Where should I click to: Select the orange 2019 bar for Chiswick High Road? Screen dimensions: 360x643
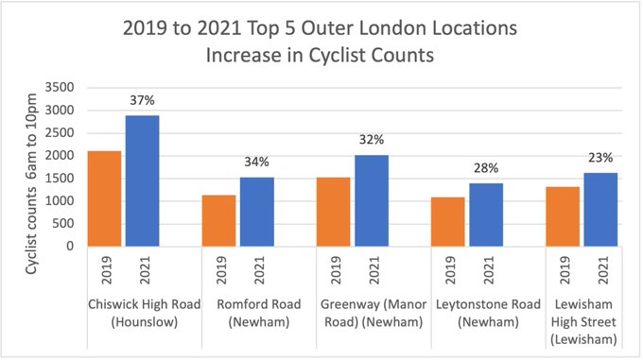pyautogui.click(x=105, y=199)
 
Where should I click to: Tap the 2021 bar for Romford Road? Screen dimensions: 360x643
pyautogui.click(x=256, y=212)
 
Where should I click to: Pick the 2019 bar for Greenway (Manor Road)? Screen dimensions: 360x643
pyautogui.click(x=333, y=212)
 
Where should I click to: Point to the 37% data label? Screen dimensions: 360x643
pyautogui.click(x=143, y=102)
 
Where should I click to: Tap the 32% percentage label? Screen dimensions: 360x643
pyautogui.click(x=371, y=140)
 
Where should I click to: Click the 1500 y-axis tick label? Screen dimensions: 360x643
pyautogui.click(x=62, y=179)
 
